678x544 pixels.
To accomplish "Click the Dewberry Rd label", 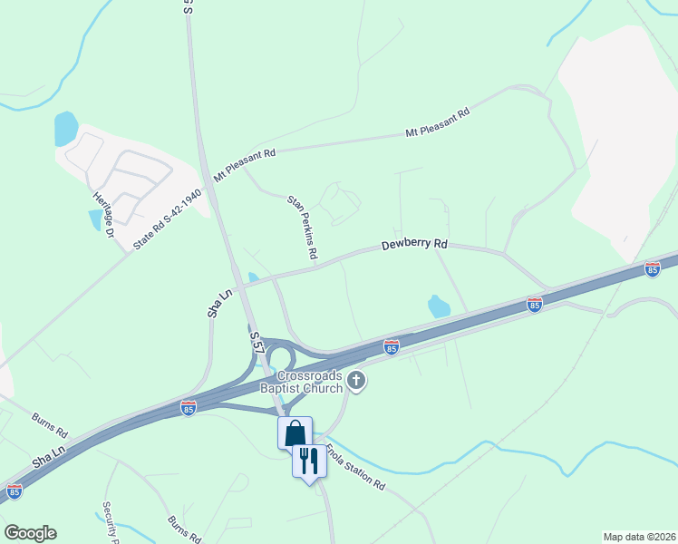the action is point(415,245).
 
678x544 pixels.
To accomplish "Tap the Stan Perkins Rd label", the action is point(303,228).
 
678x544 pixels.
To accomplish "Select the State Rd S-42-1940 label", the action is point(167,220).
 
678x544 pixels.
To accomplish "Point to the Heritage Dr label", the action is point(101,214).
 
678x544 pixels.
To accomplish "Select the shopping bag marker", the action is point(295,433).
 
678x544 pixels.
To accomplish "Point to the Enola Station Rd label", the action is point(355,471).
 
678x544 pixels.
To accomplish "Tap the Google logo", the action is point(30,533).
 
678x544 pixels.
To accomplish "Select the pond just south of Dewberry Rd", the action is point(438,306).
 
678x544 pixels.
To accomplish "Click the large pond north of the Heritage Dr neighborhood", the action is point(66,129).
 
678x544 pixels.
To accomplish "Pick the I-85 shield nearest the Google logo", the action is point(15,491).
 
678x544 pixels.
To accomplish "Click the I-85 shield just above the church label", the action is point(391,346).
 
